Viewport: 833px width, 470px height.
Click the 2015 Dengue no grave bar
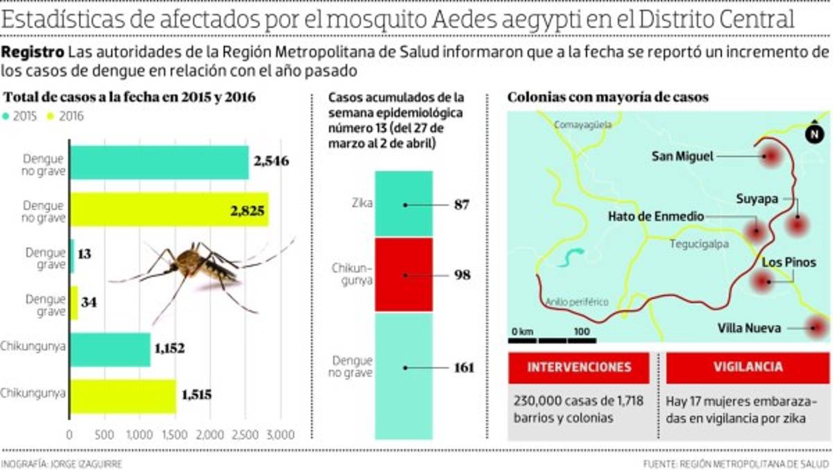point(159,163)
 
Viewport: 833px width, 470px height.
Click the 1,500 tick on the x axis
point(176,435)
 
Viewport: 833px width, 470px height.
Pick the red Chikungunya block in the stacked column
point(404,275)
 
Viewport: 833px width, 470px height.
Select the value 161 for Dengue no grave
point(464,368)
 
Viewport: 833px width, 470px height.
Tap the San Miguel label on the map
point(682,156)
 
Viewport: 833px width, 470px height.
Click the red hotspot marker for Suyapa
point(798,225)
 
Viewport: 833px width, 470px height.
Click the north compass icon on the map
point(813,135)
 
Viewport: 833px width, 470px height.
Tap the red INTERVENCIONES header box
point(579,367)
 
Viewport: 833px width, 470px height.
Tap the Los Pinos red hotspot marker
point(763,281)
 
